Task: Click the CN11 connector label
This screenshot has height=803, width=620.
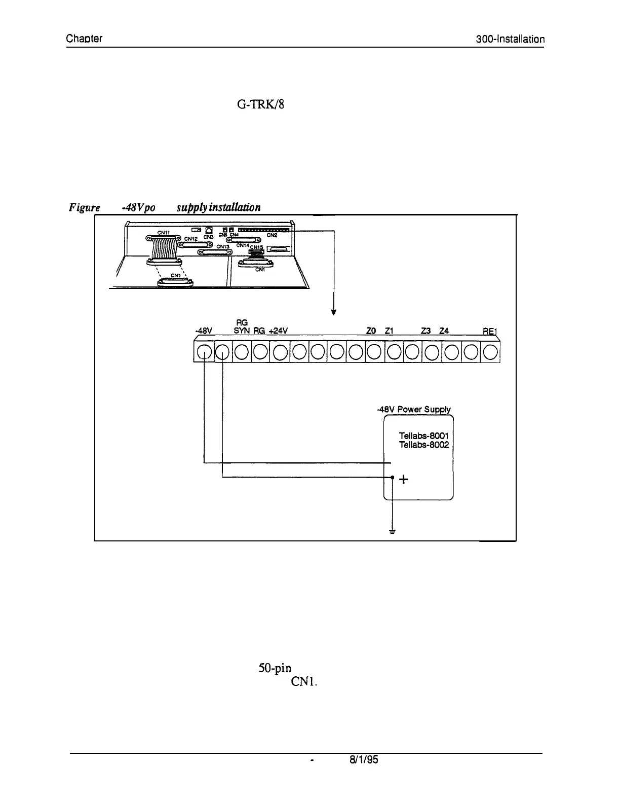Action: [163, 233]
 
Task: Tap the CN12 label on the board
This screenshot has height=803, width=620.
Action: [190, 238]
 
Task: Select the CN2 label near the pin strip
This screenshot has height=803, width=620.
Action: [272, 235]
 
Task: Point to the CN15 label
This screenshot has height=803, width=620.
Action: [257, 247]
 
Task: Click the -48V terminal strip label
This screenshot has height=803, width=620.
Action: [204, 332]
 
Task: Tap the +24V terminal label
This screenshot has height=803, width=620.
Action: [278, 332]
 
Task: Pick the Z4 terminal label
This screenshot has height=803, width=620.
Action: [444, 332]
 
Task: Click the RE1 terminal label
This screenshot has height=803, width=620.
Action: [490, 332]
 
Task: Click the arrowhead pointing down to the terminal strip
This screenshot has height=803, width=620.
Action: [333, 312]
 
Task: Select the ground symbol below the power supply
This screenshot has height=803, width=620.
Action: [392, 532]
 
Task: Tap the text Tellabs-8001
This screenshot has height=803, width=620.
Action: [424, 436]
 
